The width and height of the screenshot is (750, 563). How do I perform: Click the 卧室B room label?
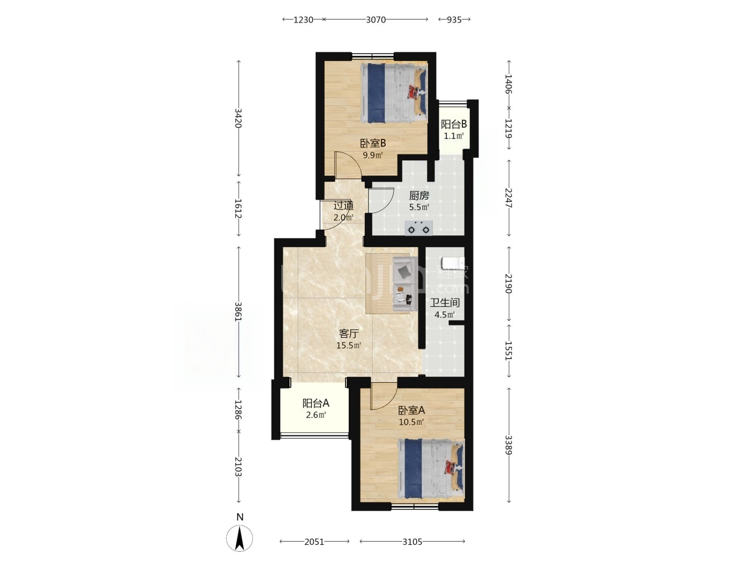373,142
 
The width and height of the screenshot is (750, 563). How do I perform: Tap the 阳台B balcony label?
453,124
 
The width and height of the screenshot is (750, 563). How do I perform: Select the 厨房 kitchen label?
419,196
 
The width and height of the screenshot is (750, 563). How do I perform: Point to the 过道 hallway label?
343,206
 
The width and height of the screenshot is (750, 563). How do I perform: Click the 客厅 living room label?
349,334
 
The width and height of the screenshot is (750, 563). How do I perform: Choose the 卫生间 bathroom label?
445,302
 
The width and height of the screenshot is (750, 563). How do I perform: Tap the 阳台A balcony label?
316,403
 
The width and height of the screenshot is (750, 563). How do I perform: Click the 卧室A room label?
411,410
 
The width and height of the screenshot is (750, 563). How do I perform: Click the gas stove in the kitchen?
418,228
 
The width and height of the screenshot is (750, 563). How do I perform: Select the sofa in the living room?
405,284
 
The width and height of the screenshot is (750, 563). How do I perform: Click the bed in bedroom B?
394,92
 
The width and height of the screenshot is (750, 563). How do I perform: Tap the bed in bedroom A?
431,469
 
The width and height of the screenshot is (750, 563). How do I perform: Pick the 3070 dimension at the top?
376,20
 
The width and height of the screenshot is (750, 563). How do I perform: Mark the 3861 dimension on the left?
238,312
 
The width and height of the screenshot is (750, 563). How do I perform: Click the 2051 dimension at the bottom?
314,542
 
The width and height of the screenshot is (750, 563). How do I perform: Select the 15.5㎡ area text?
349,345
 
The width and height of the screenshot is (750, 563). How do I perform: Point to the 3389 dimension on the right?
508,445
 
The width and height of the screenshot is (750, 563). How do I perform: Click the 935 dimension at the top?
454,20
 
